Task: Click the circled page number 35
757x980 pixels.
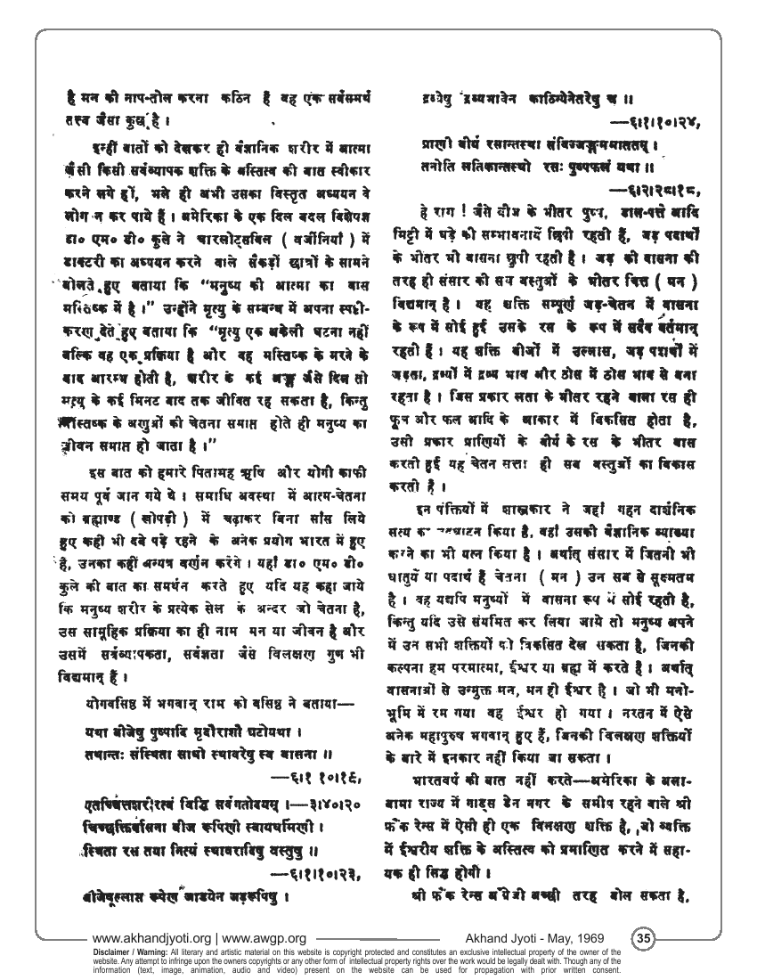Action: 644,938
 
